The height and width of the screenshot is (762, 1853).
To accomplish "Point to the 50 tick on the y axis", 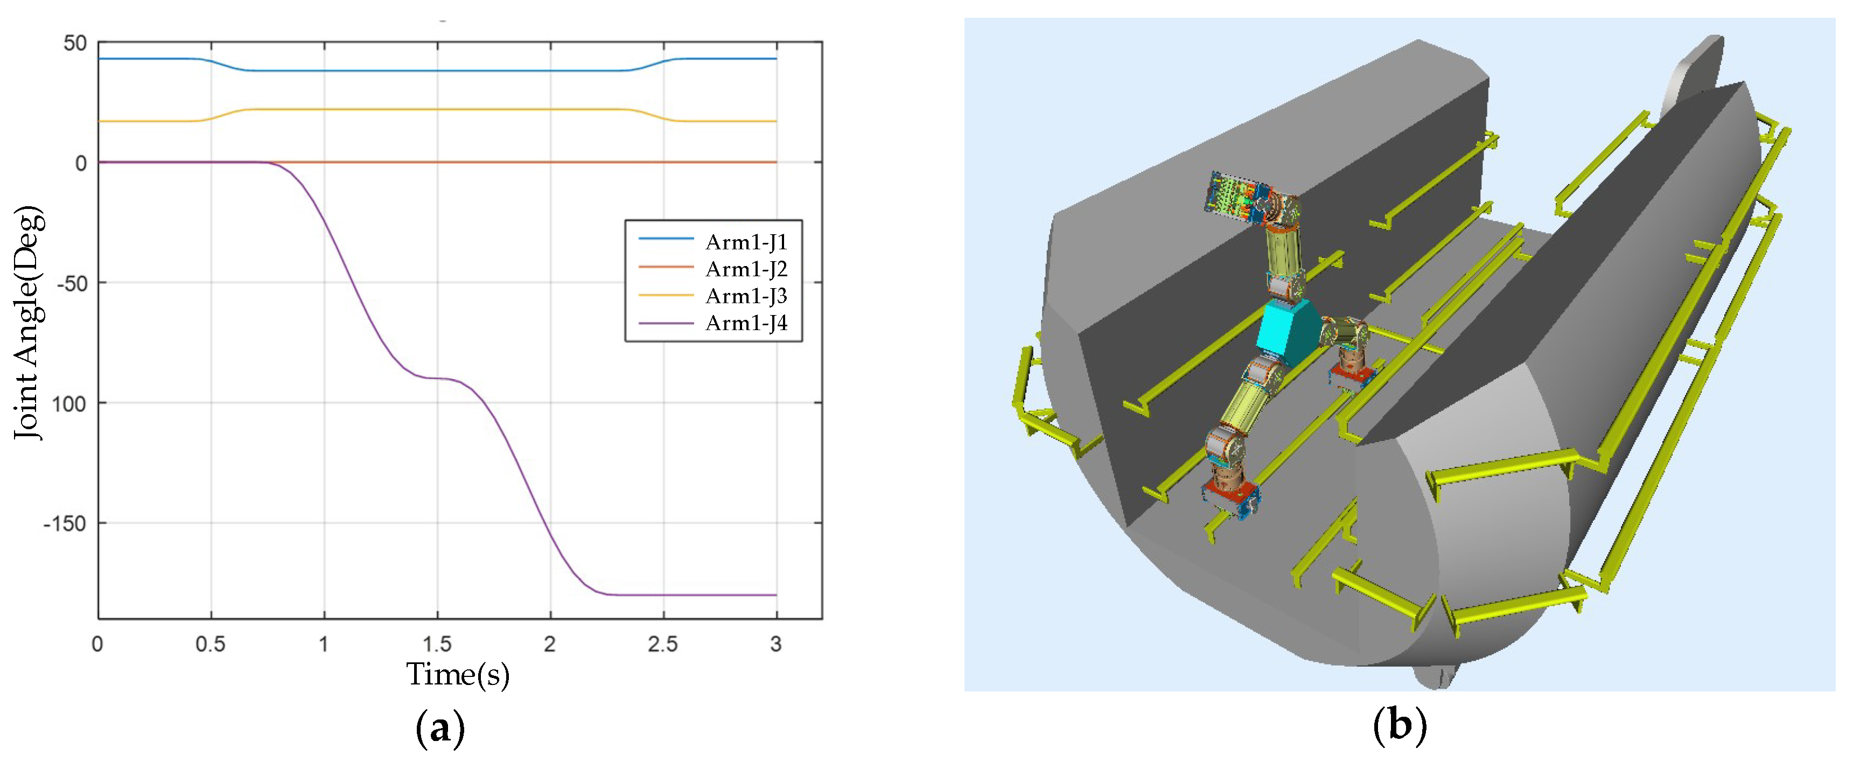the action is click(75, 43).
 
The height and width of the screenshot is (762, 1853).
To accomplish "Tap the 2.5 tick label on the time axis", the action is click(662, 644).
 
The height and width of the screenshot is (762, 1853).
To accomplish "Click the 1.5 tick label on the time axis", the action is click(437, 644).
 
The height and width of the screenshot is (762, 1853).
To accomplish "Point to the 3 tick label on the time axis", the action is click(776, 644).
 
